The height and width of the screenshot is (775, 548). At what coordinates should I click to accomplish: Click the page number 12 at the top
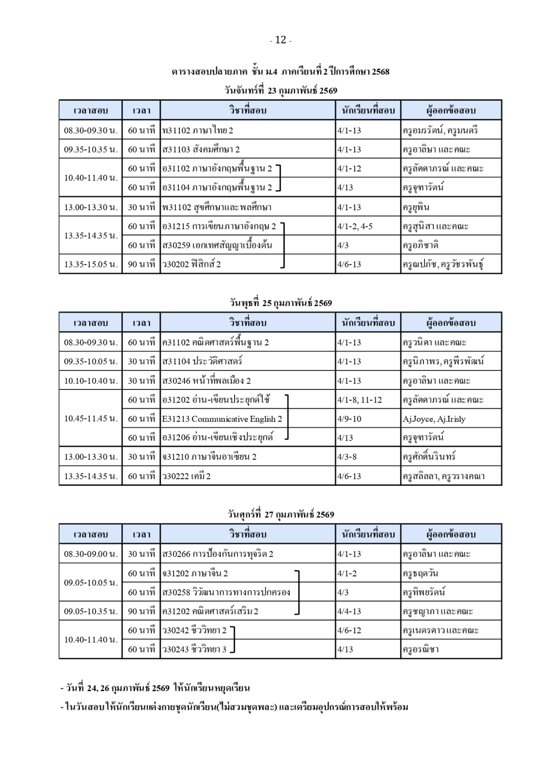[x=281, y=40]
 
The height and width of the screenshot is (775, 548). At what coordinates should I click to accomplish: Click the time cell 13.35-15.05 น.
[x=91, y=264]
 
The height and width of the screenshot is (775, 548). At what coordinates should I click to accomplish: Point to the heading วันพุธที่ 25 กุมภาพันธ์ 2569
[x=281, y=303]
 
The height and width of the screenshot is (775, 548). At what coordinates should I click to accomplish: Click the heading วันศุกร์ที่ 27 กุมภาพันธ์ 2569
[x=281, y=514]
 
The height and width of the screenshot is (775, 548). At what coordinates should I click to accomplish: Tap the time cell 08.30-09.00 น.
[x=91, y=554]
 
